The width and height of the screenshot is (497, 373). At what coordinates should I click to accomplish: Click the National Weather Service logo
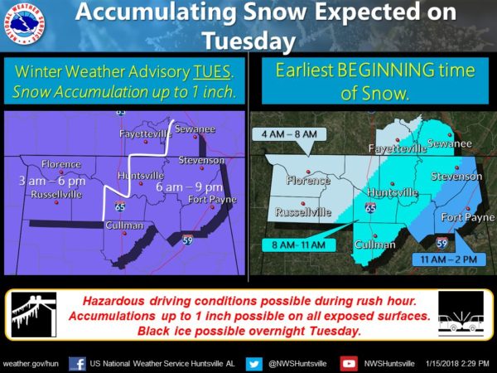pos(24,24)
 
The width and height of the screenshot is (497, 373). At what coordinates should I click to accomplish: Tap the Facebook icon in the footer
pos(77,364)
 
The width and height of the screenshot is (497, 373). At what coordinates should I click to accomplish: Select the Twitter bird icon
pos(254,364)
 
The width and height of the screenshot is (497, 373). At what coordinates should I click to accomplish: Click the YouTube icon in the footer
pos(349,364)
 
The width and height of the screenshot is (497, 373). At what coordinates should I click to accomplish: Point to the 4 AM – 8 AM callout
pos(289,134)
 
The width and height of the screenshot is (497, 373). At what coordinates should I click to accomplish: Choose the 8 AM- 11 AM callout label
pos(299,245)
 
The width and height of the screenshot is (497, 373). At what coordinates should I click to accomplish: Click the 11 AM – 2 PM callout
pos(448,259)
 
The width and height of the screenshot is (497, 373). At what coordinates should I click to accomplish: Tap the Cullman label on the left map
pos(124,225)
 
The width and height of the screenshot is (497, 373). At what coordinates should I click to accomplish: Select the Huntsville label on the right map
pos(393,192)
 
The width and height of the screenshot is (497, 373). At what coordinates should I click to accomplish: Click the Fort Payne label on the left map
pos(212,199)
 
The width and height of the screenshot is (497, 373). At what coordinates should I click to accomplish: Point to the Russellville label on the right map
pos(303,211)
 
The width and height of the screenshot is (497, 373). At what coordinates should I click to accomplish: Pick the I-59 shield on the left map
pos(187,240)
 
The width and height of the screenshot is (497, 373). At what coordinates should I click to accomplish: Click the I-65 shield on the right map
pos(370,208)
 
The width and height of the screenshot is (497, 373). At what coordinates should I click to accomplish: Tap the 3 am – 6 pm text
pos(52,181)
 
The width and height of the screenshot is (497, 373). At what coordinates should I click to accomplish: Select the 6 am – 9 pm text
pos(189,187)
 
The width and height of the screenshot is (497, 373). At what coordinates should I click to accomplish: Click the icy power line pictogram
pos(34,314)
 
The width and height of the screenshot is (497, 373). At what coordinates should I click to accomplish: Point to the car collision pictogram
pos(461,314)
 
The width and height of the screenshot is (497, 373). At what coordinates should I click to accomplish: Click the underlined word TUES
pos(212,71)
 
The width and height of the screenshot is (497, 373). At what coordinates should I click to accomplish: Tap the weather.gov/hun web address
pos(31,364)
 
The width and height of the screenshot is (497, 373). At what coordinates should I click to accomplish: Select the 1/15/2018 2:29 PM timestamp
pos(457,364)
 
